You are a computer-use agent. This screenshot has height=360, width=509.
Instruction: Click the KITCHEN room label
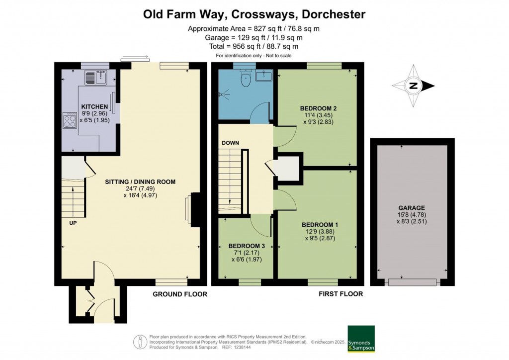(94, 107)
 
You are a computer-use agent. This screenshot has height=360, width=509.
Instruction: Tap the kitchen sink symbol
(96, 77)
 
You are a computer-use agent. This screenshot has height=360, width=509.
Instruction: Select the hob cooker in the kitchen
(70, 120)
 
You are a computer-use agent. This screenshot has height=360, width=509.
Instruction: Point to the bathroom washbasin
(264, 76)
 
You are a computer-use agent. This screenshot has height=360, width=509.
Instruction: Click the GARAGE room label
(412, 208)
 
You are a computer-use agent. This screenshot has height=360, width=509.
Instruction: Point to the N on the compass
(413, 86)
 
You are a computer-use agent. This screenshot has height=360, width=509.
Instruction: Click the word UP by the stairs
(73, 223)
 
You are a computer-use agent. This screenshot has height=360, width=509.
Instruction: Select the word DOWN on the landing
(231, 143)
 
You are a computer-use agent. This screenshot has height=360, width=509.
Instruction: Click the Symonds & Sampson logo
(361, 339)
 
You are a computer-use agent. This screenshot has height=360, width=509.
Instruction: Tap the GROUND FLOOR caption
(180, 294)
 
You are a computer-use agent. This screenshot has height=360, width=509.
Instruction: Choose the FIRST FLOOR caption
(340, 294)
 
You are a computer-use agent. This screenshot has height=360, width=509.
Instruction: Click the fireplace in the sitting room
(193, 210)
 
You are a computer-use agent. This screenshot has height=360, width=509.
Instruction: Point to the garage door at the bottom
(412, 282)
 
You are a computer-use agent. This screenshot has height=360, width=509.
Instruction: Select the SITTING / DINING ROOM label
(140, 182)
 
